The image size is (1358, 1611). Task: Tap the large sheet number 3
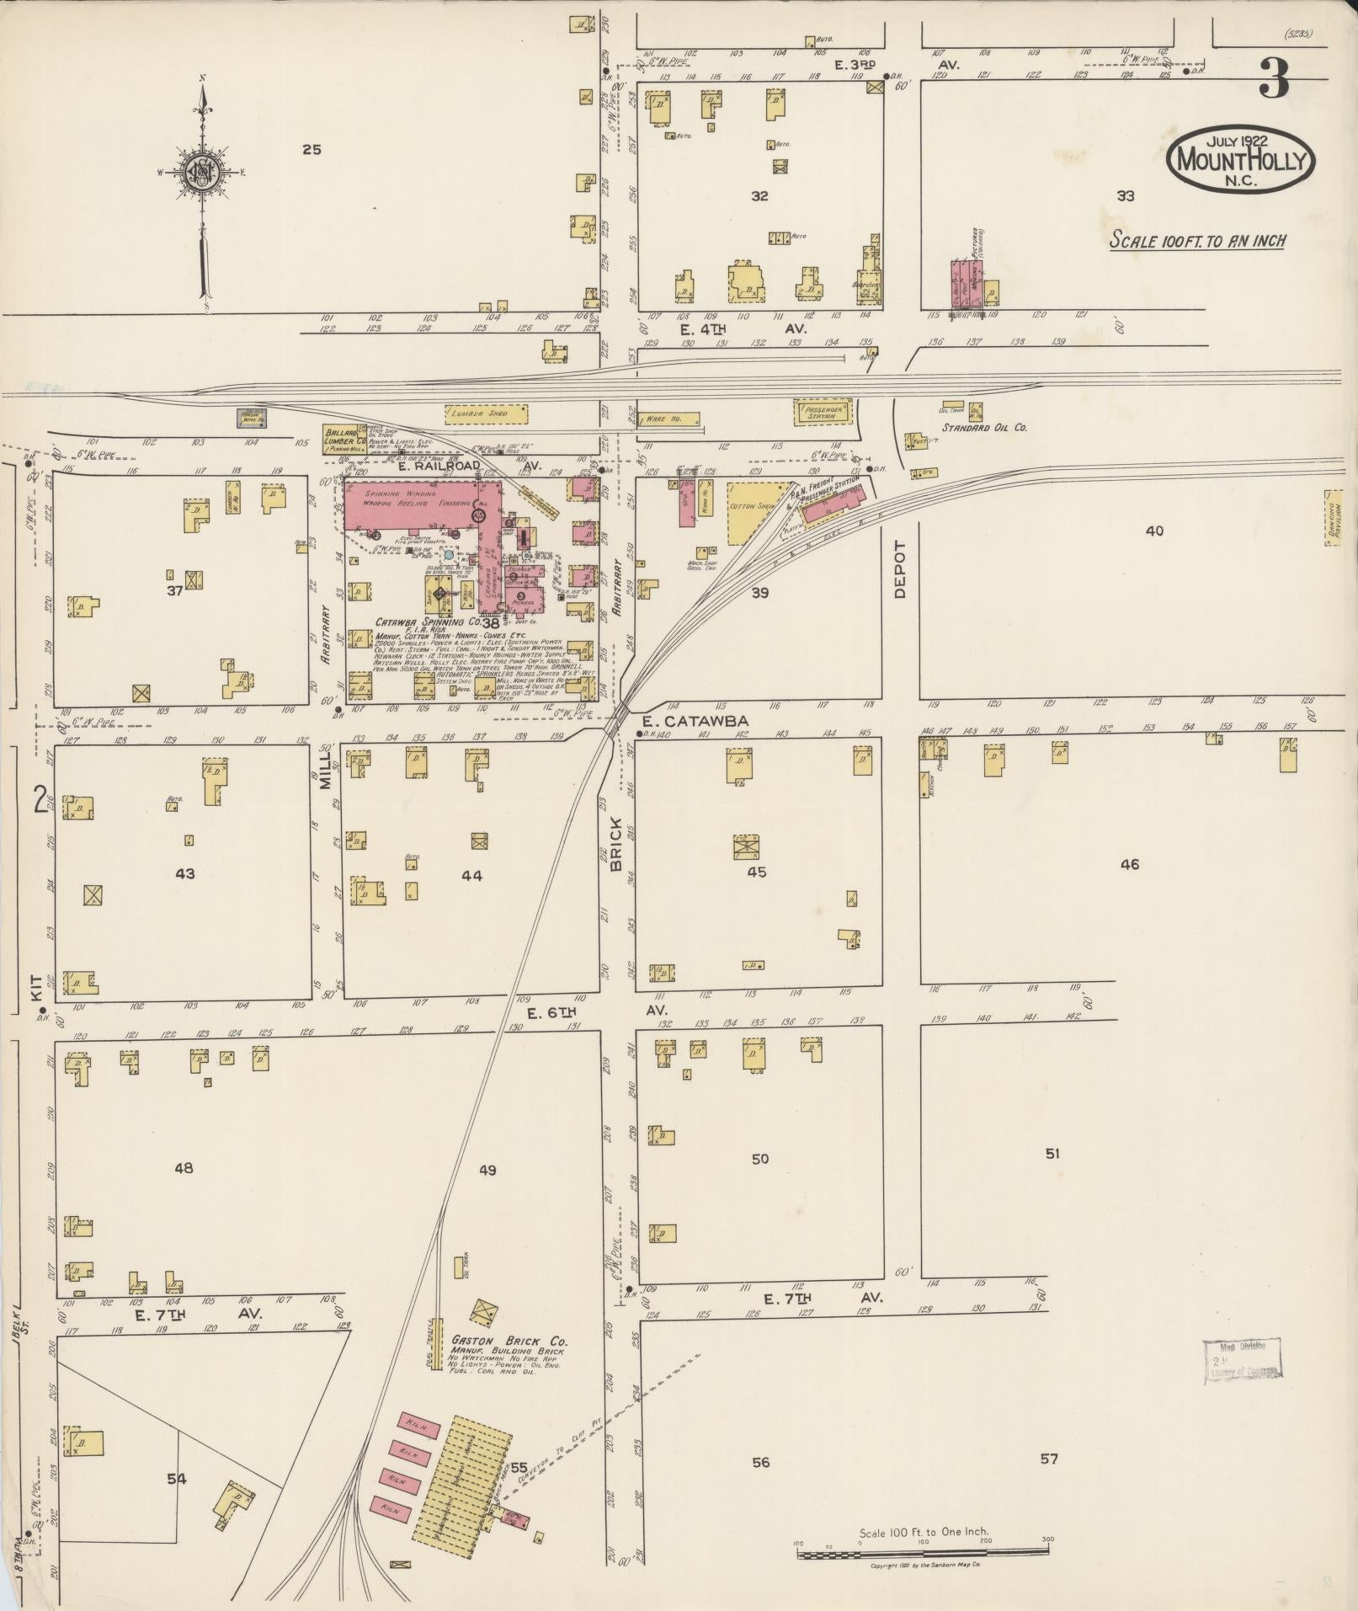1275,82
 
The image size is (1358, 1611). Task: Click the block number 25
312,150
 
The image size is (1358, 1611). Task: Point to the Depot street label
899,569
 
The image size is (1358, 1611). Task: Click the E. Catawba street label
695,721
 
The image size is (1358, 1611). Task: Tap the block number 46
1129,864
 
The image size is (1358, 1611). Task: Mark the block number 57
1048,1459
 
